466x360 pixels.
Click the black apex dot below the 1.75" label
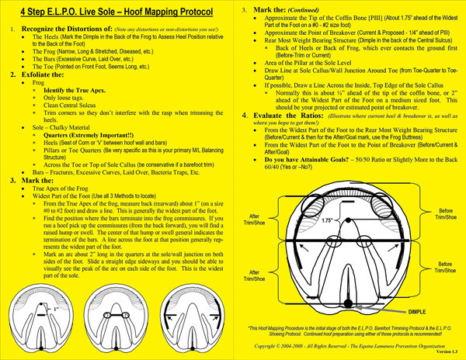click(348, 233)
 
